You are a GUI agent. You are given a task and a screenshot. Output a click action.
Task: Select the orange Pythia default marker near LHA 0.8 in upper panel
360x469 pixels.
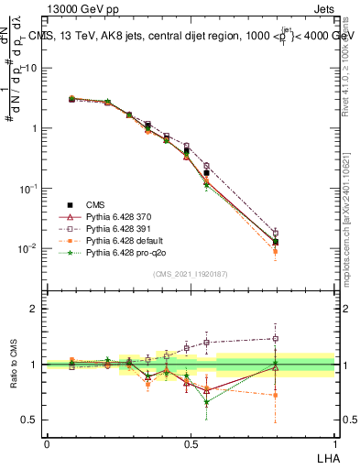coord(275,251)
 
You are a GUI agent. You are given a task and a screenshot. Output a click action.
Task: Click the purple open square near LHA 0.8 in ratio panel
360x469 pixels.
coord(275,338)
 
